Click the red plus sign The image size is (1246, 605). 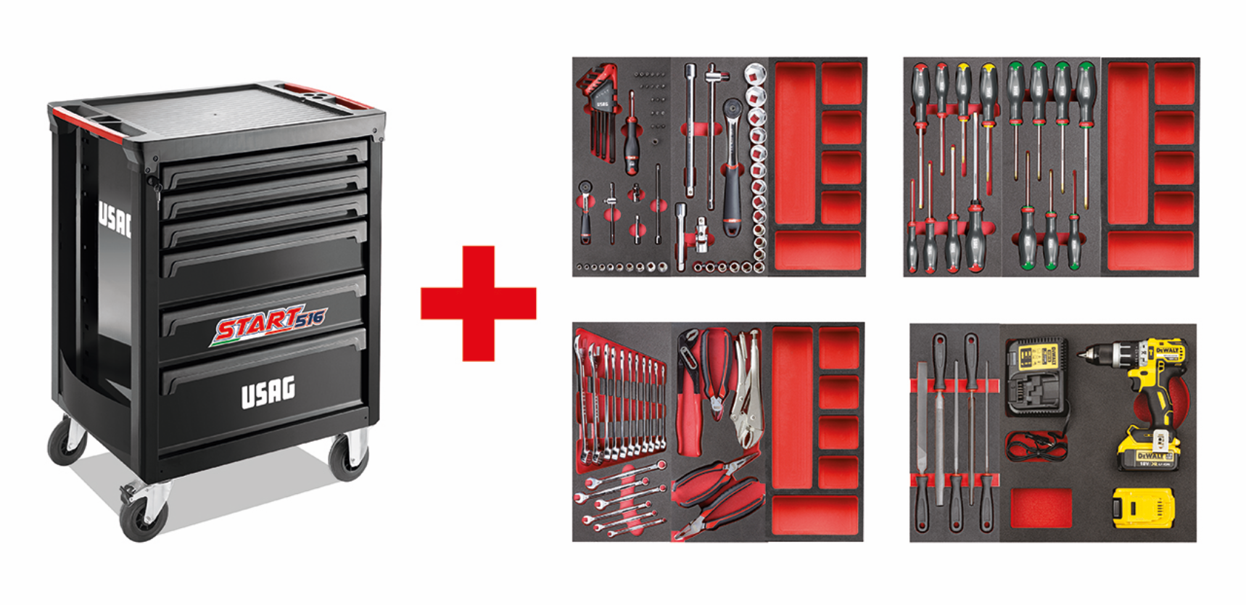(x=479, y=303)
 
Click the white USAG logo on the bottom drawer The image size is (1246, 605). (x=268, y=392)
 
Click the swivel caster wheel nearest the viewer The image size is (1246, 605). (x=143, y=516)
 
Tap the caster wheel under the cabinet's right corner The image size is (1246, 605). (x=349, y=455)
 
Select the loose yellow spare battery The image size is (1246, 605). (x=1144, y=507)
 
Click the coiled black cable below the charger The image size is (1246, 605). (x=1036, y=445)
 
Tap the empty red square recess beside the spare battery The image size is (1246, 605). (x=1041, y=508)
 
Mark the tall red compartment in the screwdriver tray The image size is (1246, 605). (x=1126, y=145)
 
